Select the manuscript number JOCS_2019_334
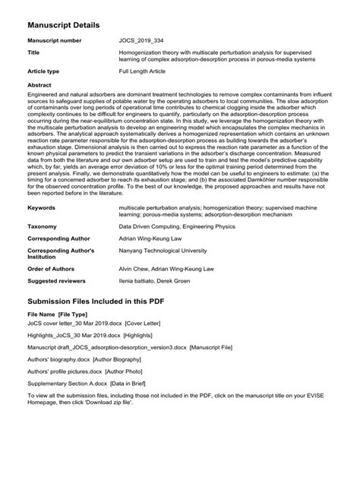[x=143, y=39]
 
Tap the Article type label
[x=43, y=71]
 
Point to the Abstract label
[x=39, y=85]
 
